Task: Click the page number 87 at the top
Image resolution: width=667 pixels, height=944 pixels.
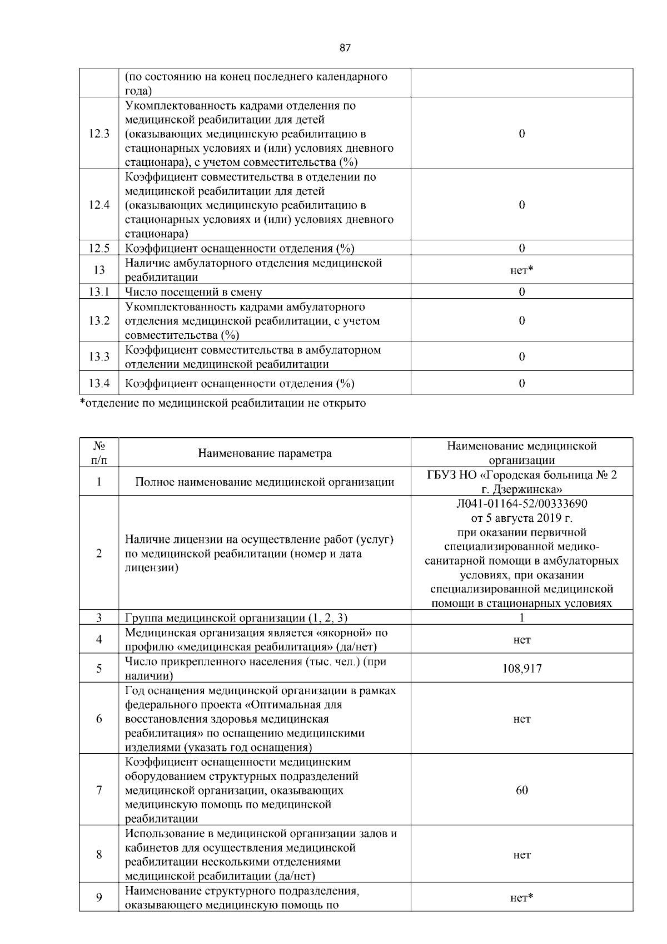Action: (345, 48)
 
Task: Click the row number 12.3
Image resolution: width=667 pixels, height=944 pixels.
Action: (99, 134)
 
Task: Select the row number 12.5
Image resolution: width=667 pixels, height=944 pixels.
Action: (99, 248)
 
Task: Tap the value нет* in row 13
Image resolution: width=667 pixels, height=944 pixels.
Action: (521, 270)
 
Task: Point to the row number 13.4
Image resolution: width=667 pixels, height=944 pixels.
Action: (99, 383)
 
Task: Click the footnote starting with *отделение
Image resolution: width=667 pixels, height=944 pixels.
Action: (223, 403)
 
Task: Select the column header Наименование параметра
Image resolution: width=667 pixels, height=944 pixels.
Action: (265, 453)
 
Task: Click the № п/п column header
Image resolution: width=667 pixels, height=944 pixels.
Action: (99, 453)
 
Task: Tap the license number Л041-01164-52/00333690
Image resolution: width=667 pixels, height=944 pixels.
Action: (521, 504)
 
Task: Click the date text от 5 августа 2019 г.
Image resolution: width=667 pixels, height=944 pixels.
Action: (521, 518)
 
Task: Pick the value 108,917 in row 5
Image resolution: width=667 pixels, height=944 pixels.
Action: (521, 669)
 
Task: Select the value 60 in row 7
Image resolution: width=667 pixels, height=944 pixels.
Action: (521, 790)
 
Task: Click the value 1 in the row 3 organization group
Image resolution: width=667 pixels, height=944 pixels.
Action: (521, 618)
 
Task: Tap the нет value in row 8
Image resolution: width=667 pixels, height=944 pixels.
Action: (521, 855)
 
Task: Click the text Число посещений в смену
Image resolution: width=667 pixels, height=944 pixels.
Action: (193, 292)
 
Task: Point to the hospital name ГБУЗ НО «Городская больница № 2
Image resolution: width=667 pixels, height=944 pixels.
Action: (521, 475)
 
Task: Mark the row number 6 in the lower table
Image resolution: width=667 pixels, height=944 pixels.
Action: (99, 719)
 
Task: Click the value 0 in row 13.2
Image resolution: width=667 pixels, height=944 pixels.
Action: (521, 321)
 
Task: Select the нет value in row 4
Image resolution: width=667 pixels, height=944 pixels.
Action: (521, 640)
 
